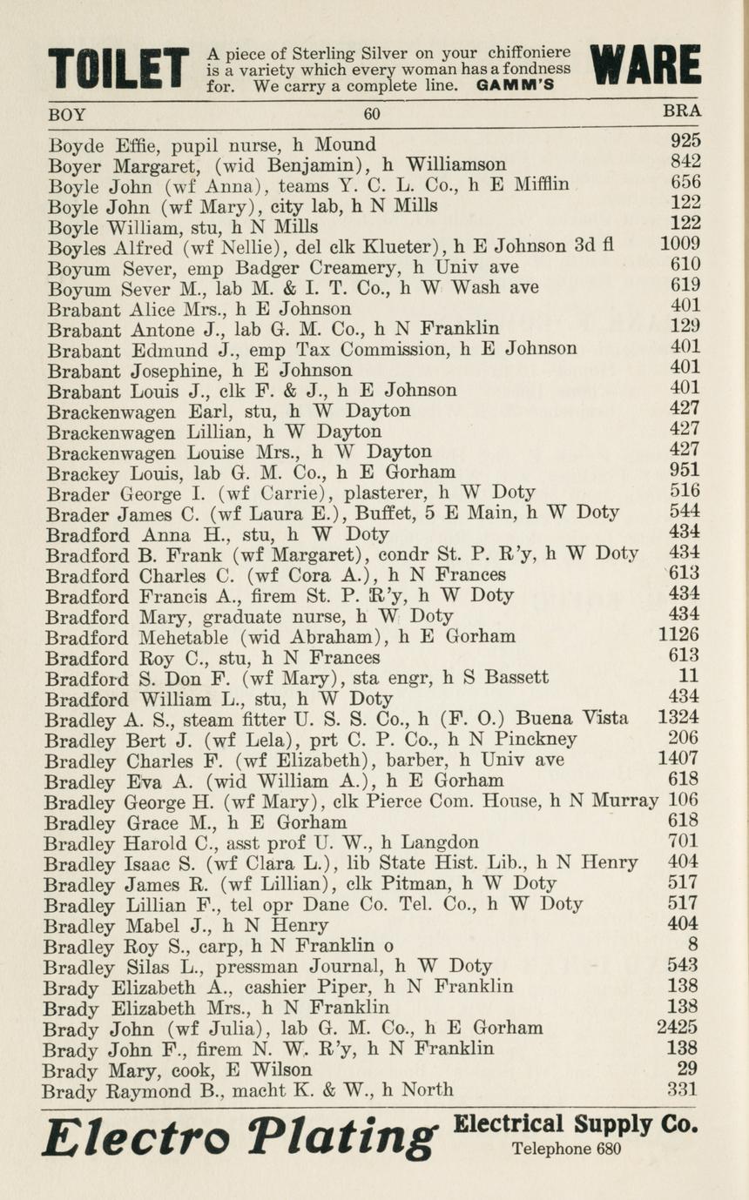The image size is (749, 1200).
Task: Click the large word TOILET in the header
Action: (x=118, y=70)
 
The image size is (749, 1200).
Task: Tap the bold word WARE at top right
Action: (x=645, y=66)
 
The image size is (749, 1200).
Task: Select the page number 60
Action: (x=373, y=113)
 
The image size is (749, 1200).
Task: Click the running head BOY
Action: (x=67, y=113)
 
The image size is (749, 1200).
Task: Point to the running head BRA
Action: (x=682, y=111)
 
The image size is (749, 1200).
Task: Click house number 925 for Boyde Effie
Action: (x=685, y=140)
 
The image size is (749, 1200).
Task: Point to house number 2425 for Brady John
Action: (x=677, y=1027)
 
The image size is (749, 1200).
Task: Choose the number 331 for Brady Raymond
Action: (x=683, y=1089)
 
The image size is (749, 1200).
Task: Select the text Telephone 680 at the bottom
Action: (x=566, y=1149)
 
